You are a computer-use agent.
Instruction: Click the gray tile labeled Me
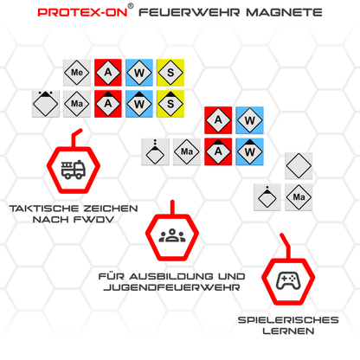(76, 73)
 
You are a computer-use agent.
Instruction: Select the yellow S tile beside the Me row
(170, 73)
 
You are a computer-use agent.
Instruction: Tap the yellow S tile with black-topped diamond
(170, 103)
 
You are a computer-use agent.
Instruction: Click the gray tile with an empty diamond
(298, 166)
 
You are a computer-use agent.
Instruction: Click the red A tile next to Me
(107, 73)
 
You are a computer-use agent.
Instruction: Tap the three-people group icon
(173, 235)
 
